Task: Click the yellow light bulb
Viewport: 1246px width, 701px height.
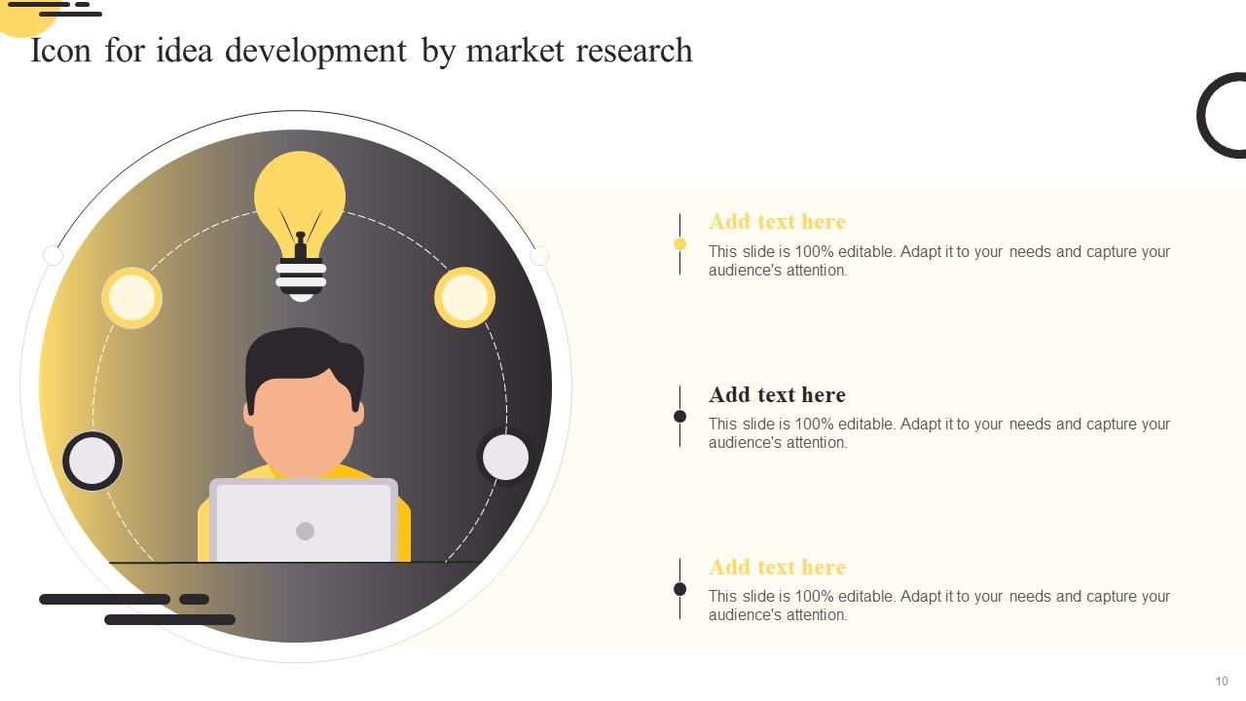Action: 300,195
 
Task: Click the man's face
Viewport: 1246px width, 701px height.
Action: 304,424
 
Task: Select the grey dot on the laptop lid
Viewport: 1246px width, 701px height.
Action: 305,531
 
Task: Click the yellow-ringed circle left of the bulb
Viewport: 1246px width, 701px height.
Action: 131,297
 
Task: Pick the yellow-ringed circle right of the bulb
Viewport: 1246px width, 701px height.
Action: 464,297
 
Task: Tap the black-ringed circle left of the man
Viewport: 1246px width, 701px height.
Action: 92,461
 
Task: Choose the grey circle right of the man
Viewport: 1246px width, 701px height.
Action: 505,457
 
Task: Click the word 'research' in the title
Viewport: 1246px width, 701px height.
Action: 634,51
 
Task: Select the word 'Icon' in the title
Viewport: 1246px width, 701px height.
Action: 60,51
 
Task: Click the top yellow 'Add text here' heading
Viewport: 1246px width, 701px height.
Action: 777,222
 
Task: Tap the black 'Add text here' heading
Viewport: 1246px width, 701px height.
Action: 777,394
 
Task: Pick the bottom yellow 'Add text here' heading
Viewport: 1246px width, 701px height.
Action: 777,567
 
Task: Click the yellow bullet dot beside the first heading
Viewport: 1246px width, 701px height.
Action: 679,244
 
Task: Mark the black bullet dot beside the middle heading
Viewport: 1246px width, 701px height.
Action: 679,417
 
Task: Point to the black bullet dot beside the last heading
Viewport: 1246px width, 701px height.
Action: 679,589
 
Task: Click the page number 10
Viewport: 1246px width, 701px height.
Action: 1221,682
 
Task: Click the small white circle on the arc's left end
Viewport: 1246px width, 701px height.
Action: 54,256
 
